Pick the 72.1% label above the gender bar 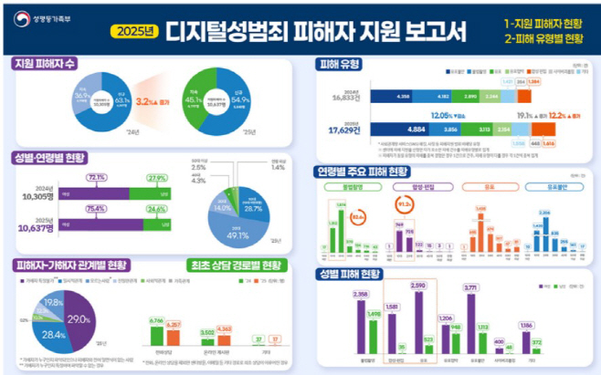(97, 178)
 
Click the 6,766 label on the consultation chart (155, 321)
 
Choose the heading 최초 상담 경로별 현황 (234, 266)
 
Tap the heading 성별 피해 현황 (351, 274)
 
